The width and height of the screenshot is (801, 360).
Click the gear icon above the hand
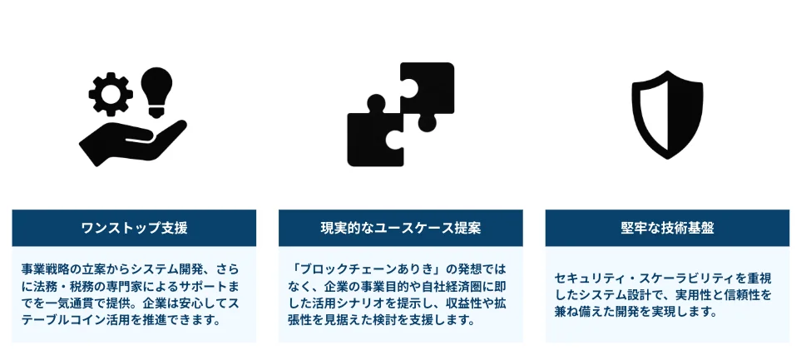pos(111,95)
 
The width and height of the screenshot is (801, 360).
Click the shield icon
pos(667,115)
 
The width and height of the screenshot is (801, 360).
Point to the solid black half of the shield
pos(685,115)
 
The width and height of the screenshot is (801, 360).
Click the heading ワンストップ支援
pos(134,229)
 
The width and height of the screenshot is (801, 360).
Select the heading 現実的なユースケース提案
pos(401,229)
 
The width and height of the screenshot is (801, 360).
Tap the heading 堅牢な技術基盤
pos(667,229)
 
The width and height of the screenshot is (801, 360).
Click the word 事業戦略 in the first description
pos(42,269)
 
